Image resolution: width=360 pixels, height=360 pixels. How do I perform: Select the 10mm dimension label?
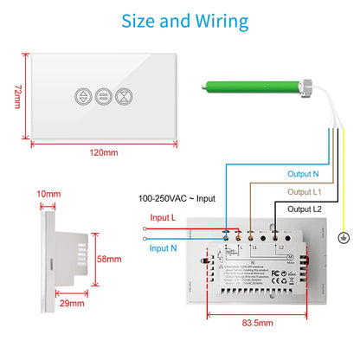(48, 194)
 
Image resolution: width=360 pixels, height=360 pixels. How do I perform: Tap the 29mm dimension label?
(72, 304)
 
